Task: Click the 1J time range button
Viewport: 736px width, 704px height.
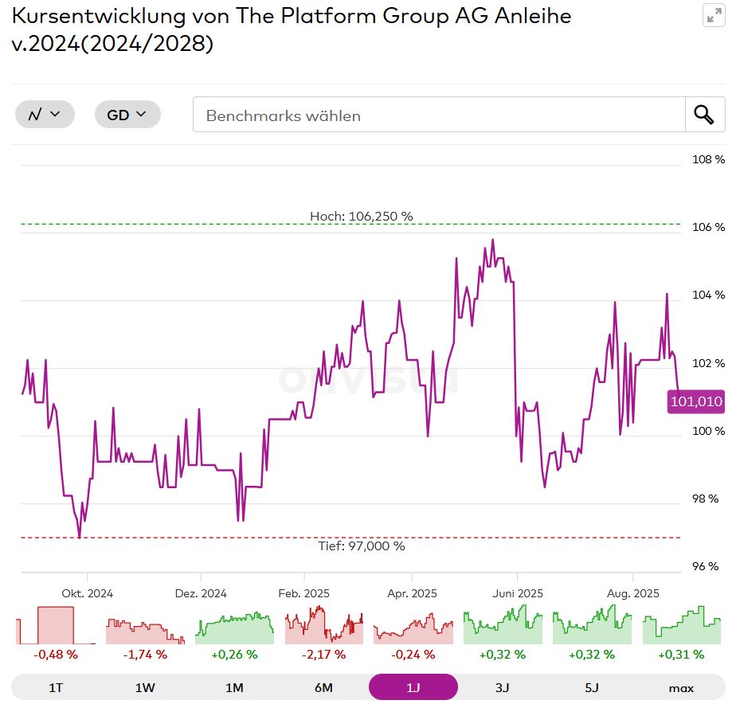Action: pos(413,687)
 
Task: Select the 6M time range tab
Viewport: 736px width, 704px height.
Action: pos(323,687)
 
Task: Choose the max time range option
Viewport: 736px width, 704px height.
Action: pos(681,687)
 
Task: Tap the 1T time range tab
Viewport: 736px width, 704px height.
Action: pos(56,687)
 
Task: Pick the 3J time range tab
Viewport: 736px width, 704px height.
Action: pos(502,687)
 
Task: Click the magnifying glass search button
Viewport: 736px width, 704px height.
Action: pos(704,115)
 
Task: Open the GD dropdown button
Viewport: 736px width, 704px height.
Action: pos(127,115)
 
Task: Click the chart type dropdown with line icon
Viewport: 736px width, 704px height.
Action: pos(45,115)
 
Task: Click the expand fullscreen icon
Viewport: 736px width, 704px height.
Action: pos(714,16)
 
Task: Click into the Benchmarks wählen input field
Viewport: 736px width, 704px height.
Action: pos(438,115)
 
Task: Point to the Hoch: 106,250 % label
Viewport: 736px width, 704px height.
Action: pos(362,217)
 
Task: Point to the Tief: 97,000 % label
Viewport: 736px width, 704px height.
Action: pos(362,546)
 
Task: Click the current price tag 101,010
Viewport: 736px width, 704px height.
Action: pos(696,402)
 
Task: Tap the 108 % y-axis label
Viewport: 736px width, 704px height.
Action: pos(708,159)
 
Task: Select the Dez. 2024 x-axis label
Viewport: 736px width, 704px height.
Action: pos(201,593)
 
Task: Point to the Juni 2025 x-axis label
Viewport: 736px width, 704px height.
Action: pos(518,593)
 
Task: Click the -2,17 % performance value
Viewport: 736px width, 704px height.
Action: pos(323,655)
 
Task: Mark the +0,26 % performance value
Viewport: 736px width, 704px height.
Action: pos(234,655)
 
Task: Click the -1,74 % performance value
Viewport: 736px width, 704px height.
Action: pos(145,655)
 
